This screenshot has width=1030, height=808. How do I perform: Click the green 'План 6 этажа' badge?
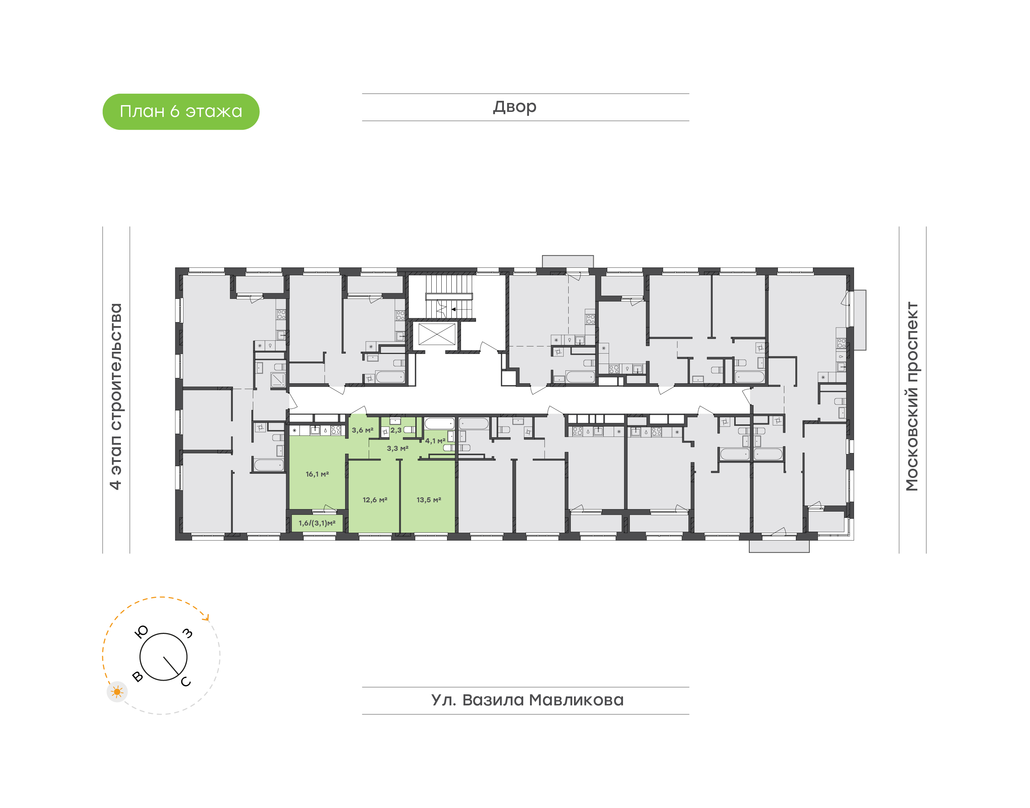[x=181, y=112]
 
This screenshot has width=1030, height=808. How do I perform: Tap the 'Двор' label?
[x=514, y=107]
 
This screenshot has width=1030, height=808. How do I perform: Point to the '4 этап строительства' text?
[x=116, y=396]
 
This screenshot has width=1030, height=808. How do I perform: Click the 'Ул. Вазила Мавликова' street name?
[x=527, y=700]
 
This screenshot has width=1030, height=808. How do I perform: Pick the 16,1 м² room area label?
[x=317, y=474]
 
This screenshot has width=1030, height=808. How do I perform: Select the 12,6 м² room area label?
[x=375, y=499]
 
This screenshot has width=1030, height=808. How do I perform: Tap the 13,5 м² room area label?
[x=429, y=499]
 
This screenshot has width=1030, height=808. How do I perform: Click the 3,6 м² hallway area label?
[x=362, y=430]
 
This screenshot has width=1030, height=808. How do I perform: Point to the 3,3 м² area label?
[x=397, y=448]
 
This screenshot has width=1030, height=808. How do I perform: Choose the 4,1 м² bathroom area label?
[x=435, y=440]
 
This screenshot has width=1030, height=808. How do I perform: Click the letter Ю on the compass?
[x=142, y=631]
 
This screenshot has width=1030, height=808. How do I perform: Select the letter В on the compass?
[x=138, y=676]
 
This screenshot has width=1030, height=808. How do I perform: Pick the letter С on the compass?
[x=186, y=681]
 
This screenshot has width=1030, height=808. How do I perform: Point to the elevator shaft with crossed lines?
[x=437, y=334]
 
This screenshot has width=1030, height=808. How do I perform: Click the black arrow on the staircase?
[x=461, y=309]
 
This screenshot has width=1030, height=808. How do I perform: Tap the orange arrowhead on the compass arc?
[x=206, y=616]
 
